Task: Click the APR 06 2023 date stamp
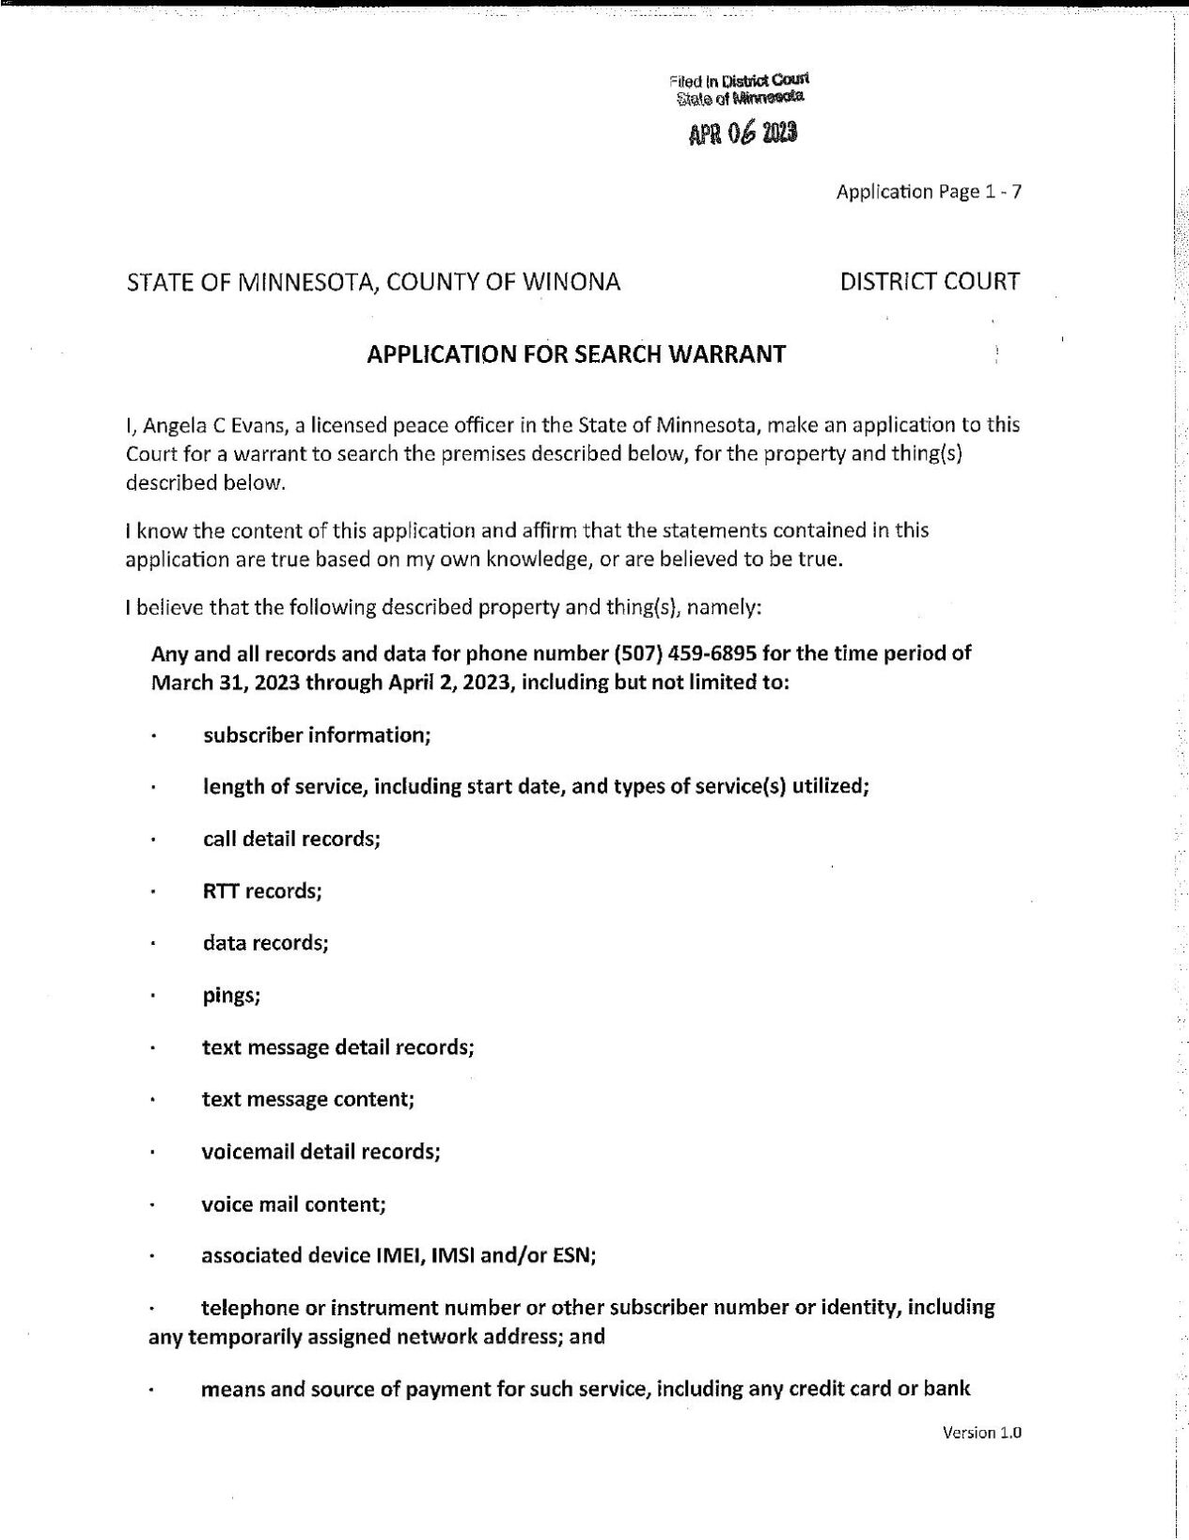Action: click(743, 134)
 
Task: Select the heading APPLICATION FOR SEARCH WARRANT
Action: click(575, 354)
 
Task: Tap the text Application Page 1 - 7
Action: click(928, 192)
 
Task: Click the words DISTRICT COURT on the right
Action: click(930, 281)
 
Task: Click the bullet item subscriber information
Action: click(316, 735)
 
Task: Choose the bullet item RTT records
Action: click(262, 891)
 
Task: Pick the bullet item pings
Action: click(231, 996)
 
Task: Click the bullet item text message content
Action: click(307, 1099)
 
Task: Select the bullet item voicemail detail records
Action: click(321, 1152)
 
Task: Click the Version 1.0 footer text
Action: click(980, 1433)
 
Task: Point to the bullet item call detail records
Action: click(291, 839)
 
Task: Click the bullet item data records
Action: click(265, 943)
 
